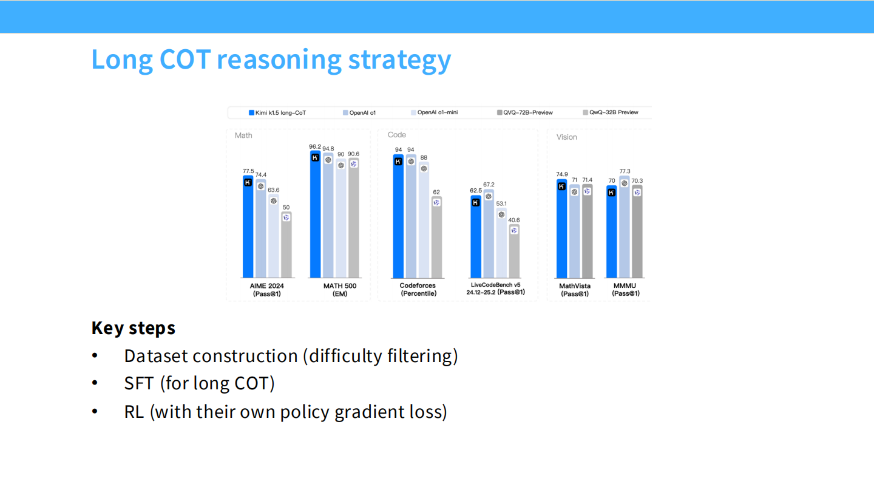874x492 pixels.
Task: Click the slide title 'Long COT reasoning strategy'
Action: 271,60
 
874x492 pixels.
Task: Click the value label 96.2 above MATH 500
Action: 314,146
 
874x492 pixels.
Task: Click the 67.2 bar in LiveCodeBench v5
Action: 489,234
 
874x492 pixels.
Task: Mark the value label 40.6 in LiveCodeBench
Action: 513,220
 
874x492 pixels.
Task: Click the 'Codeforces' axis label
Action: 418,285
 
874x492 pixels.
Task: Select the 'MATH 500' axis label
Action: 339,285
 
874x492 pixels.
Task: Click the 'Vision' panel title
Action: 566,137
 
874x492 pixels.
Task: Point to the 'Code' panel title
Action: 396,135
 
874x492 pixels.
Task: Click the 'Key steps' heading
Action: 133,328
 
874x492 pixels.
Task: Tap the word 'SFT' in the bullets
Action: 138,384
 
